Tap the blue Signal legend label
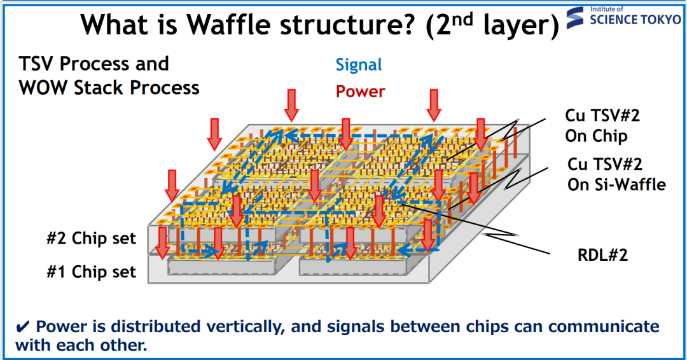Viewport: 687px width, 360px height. coord(359,65)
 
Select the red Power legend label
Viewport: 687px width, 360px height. coord(361,91)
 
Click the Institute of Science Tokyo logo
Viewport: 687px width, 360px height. coord(625,17)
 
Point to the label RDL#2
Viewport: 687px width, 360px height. coord(602,255)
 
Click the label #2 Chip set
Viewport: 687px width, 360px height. coord(91,239)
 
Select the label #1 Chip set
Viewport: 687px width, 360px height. coord(91,272)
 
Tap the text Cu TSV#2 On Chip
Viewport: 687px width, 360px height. coord(602,126)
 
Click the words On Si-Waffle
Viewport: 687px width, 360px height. coord(617,184)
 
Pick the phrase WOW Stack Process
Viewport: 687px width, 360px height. coord(109,88)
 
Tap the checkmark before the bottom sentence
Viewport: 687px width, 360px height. coord(23,327)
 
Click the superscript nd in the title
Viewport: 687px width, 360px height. coord(462,19)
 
